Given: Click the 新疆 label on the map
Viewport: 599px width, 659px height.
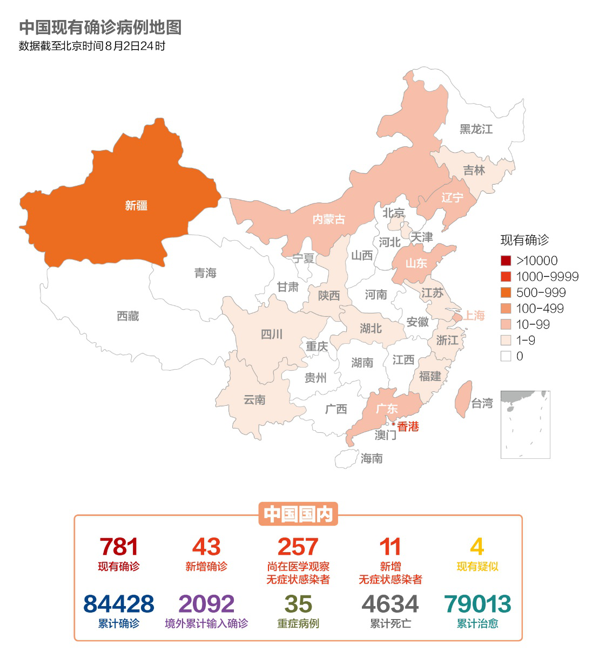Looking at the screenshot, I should coord(136,206).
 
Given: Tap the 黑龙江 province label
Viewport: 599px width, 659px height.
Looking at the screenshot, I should coord(476,129).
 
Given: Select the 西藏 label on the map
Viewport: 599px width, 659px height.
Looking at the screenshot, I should coord(128,316).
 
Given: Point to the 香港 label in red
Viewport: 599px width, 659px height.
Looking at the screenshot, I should coord(408,427).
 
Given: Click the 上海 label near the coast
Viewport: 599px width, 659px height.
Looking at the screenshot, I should coord(474,315).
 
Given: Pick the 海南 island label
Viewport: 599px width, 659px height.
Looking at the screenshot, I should coord(372,459).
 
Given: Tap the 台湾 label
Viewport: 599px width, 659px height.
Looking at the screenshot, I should coord(482,403).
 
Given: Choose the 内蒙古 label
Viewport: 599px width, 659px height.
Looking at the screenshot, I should coord(328,220).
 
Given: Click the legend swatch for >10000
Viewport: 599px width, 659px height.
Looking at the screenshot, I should coord(506,261).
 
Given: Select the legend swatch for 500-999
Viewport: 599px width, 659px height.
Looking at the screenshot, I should coord(506,293).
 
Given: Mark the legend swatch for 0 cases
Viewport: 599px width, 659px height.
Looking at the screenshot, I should coord(506,356).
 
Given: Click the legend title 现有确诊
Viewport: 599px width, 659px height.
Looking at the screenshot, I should coord(524,240).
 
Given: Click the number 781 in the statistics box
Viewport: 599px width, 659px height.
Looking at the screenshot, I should coord(119,547).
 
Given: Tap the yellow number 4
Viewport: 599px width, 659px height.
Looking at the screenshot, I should coord(477,547).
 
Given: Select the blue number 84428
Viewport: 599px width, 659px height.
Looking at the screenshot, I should coord(119,604).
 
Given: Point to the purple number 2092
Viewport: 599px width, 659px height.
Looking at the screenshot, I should coord(206,604).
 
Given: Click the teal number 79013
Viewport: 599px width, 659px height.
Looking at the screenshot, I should coord(477,604).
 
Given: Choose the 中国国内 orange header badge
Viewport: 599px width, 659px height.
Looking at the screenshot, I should coord(298,514).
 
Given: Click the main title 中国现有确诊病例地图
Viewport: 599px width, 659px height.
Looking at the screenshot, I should coord(100,28).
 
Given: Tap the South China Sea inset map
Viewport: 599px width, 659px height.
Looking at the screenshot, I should coord(525,425).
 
